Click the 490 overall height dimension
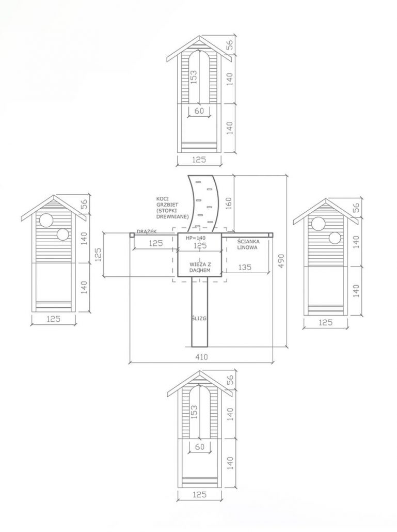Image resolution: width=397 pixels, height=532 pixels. point(281,260)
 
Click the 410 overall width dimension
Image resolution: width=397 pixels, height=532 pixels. point(201,357)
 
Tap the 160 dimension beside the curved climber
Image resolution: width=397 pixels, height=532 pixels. point(229,203)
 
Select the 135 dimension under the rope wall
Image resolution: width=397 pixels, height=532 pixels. point(245,268)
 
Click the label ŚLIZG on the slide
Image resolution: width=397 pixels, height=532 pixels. point(199,319)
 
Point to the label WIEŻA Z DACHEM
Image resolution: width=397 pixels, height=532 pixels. point(200,268)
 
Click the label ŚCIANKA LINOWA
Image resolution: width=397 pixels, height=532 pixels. point(248,244)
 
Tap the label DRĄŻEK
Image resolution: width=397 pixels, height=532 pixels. point(147,231)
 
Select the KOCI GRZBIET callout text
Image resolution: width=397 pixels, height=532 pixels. point(172,208)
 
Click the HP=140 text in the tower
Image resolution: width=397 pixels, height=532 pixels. point(196,238)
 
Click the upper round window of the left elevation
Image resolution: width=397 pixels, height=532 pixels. point(46,220)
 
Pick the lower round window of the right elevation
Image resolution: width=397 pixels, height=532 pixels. point(335,238)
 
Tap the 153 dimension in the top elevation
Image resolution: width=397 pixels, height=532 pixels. point(194,77)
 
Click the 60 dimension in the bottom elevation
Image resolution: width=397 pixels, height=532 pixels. point(200,447)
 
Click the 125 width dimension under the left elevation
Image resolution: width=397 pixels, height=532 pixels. point(53,319)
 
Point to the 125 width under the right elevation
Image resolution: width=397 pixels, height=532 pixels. point(325,322)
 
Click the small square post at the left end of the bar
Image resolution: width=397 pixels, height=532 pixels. point(132,234)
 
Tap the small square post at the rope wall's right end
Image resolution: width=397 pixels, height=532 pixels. point(271,234)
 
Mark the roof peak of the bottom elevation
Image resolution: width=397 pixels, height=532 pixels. point(200,371)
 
